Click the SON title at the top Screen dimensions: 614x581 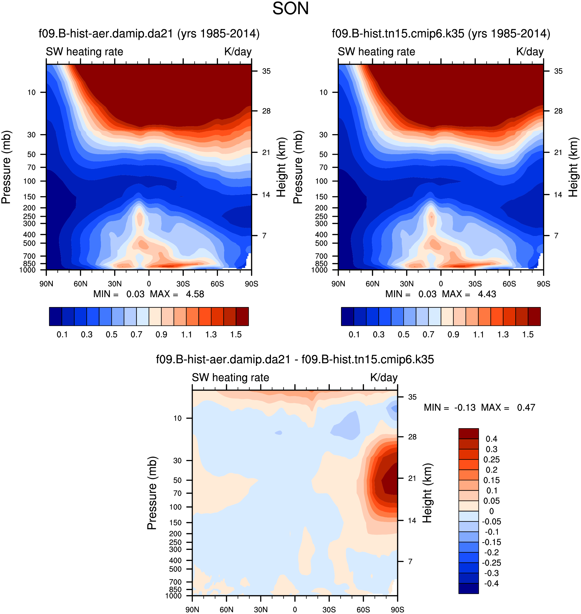[290, 9]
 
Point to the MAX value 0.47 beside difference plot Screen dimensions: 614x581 [526, 407]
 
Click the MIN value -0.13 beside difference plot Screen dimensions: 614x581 [465, 407]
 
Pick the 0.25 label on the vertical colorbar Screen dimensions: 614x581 [491, 460]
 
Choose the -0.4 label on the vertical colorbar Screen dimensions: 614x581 [491, 583]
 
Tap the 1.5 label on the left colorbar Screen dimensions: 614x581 [236, 334]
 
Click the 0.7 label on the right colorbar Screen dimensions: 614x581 [428, 334]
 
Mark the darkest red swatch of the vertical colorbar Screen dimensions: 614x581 [468, 434]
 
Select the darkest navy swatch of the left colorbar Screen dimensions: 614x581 [55, 316]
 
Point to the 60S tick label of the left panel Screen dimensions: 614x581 [217, 284]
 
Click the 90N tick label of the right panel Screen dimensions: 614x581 [338, 284]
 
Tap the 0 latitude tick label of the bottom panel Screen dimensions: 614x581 [295, 609]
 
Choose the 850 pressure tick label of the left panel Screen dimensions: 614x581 [29, 264]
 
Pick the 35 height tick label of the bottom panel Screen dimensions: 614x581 [412, 397]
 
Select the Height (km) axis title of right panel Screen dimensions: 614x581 [573, 167]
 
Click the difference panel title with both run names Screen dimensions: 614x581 [295, 359]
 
